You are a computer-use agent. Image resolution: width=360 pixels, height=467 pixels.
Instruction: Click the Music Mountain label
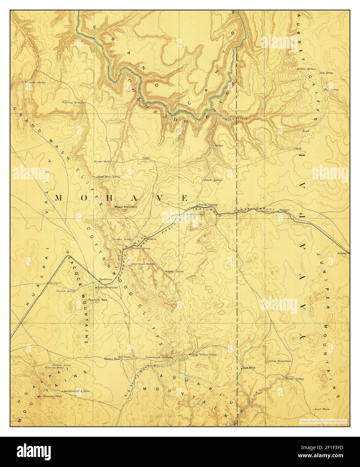(x=126, y=207)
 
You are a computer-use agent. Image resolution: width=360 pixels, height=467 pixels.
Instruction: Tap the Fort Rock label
(x=249, y=368)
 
